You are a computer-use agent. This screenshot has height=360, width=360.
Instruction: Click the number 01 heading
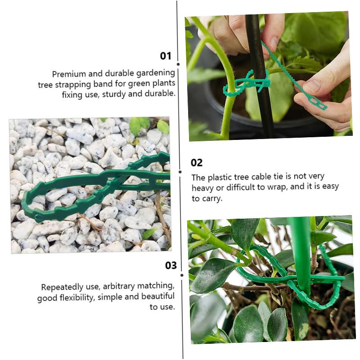click(x=166, y=56)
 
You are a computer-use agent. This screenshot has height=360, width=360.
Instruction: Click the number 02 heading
click(x=197, y=163)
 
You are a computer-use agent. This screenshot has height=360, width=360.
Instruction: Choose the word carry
click(x=212, y=198)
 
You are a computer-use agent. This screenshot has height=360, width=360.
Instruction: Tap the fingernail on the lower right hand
click(x=312, y=86)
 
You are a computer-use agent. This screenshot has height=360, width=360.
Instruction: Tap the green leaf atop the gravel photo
click(x=139, y=125)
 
